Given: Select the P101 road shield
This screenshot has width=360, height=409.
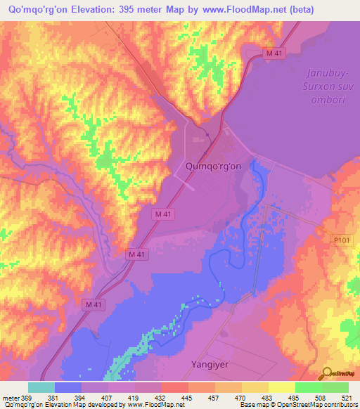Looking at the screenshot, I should (x=342, y=240).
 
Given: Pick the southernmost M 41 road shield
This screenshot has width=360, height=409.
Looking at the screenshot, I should (x=92, y=304).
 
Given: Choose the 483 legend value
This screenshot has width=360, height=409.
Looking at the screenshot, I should (x=268, y=397).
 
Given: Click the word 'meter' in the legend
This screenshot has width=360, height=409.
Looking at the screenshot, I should (x=11, y=397).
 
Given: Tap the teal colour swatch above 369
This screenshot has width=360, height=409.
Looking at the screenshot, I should (x=41, y=387).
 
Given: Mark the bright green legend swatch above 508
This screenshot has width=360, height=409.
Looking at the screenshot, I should (x=308, y=387).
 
